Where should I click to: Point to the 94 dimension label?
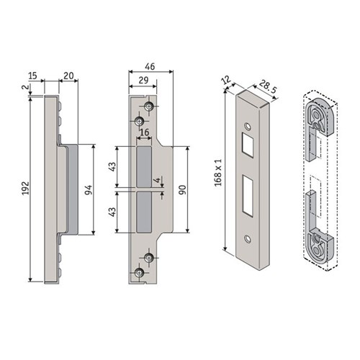(x=88, y=190)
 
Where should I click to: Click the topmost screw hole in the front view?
(x=149, y=107)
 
